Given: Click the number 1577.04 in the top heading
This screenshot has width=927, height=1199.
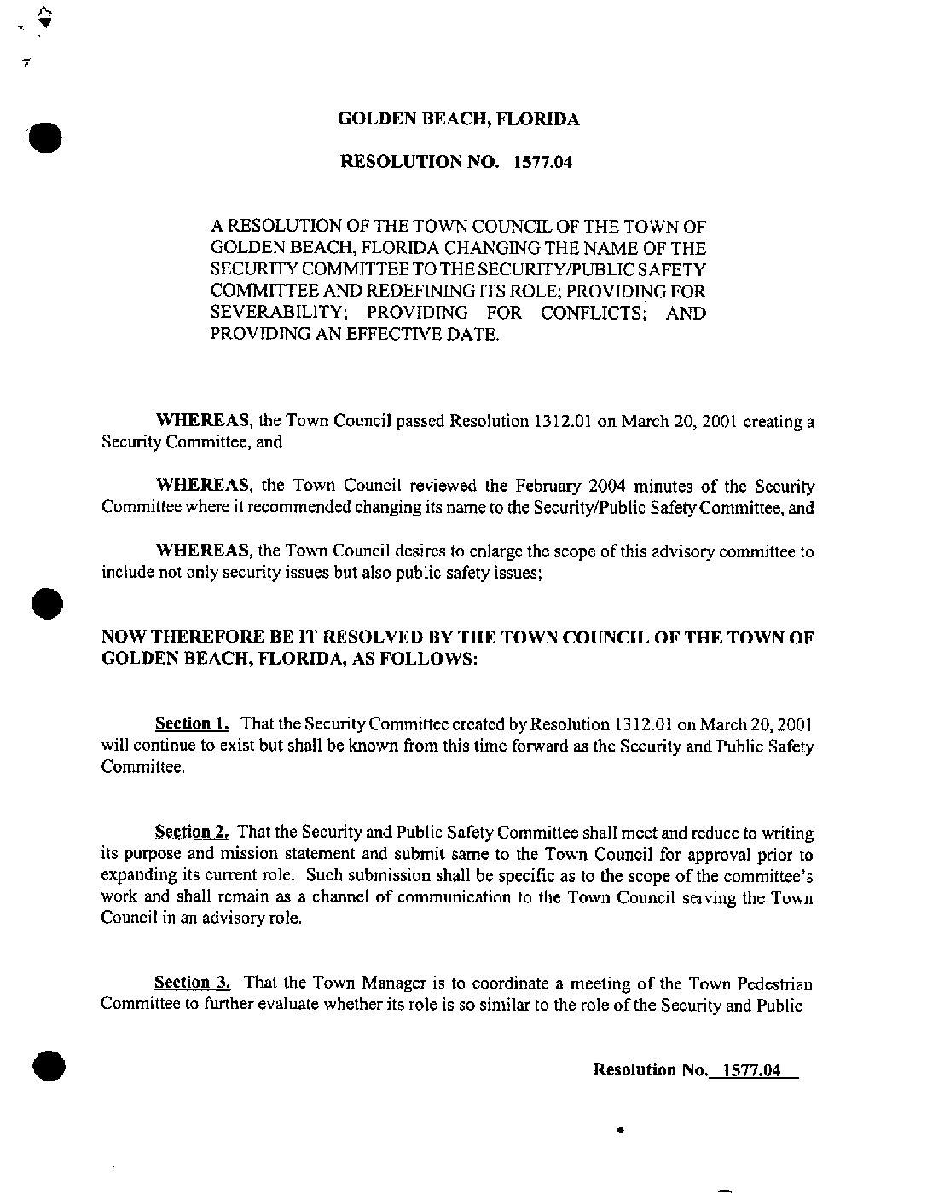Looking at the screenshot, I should pos(542,162).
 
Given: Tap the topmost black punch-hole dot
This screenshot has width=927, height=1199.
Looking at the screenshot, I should pos(44,136).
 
